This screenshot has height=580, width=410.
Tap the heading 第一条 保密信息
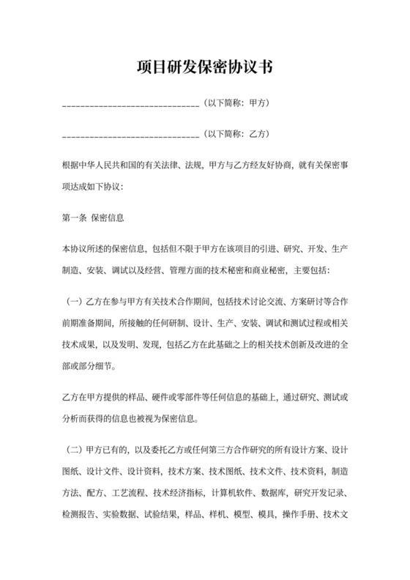(x=93, y=218)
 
